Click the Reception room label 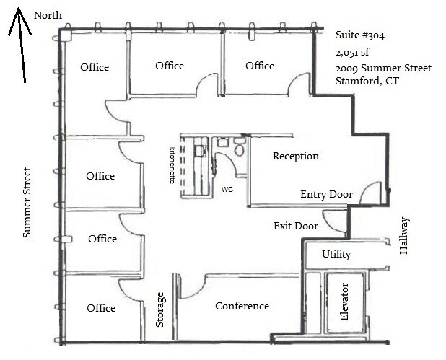[x=295, y=156]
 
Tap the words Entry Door [x=326, y=194]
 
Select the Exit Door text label [x=296, y=226]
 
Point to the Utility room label [x=336, y=254]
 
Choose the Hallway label [x=404, y=235]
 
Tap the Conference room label [x=242, y=306]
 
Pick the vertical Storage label [x=161, y=309]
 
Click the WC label [x=227, y=190]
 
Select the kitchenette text [x=172, y=164]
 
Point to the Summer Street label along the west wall [x=27, y=203]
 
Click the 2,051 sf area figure [x=351, y=52]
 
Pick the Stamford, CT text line [x=367, y=81]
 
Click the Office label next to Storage [x=101, y=308]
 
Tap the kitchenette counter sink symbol [x=200, y=151]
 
